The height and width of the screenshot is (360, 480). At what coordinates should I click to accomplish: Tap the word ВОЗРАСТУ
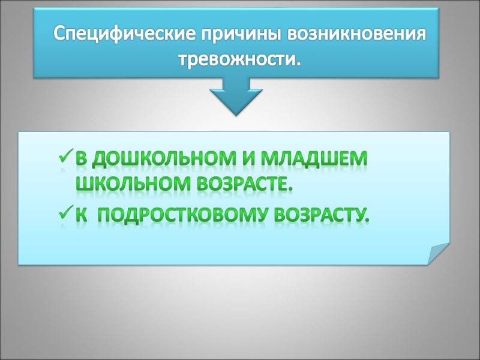pyautogui.click(x=320, y=213)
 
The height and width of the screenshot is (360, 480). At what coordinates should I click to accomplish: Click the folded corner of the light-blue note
pyautogui.click(x=438, y=253)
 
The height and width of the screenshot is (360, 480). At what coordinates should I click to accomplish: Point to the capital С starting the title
pyautogui.click(x=60, y=33)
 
